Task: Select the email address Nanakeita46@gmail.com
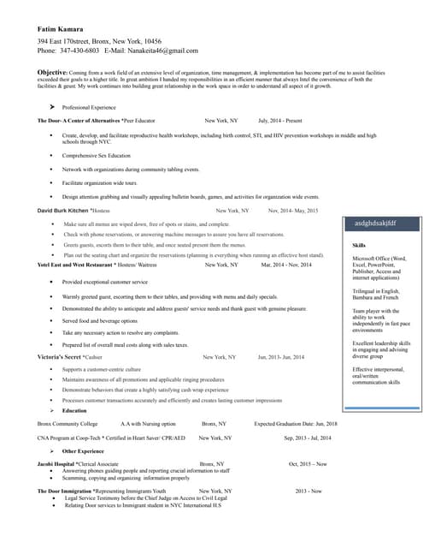click(x=162, y=51)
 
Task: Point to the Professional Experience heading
click(x=89, y=107)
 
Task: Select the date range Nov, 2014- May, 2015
click(x=292, y=210)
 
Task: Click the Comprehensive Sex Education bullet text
click(x=97, y=156)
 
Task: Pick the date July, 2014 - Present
click(x=279, y=121)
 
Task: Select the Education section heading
click(x=74, y=411)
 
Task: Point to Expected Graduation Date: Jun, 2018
click(x=296, y=424)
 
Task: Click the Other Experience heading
click(x=84, y=450)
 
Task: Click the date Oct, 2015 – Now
click(x=308, y=463)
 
